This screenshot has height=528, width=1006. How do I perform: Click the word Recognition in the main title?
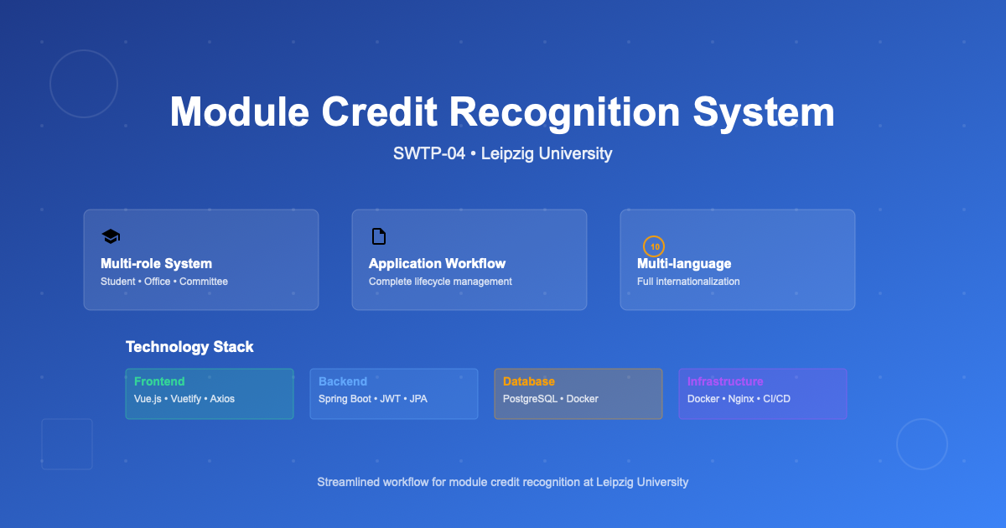pos(564,112)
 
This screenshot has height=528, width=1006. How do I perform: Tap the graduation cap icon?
pos(111,236)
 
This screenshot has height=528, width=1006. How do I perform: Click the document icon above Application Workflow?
pos(379,236)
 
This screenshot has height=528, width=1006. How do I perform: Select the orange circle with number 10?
pos(654,246)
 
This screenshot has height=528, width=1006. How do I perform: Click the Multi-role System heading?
pos(156,263)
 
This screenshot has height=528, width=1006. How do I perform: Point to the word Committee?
pos(204,282)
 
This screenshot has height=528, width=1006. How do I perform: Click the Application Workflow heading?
pos(437,263)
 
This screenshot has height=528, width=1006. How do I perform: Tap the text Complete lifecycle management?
pos(440,282)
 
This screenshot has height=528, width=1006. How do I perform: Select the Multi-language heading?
pos(684,263)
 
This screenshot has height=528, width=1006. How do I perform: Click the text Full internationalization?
pos(688,282)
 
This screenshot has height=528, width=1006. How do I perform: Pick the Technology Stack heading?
pos(189,347)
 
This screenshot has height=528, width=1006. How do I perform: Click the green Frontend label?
pos(159,381)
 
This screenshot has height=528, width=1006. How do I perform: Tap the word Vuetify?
pos(185,399)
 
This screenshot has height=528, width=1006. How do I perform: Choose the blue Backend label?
pos(343,381)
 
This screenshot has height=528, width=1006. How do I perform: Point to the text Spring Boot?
pos(345,399)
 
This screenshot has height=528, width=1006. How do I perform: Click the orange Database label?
pos(529,381)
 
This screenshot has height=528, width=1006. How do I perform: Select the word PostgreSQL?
pos(530,399)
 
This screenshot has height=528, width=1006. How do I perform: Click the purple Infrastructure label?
pos(725,381)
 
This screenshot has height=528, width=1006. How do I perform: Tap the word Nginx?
pos(741,399)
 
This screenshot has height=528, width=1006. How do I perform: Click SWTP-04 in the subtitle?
pos(429,153)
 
